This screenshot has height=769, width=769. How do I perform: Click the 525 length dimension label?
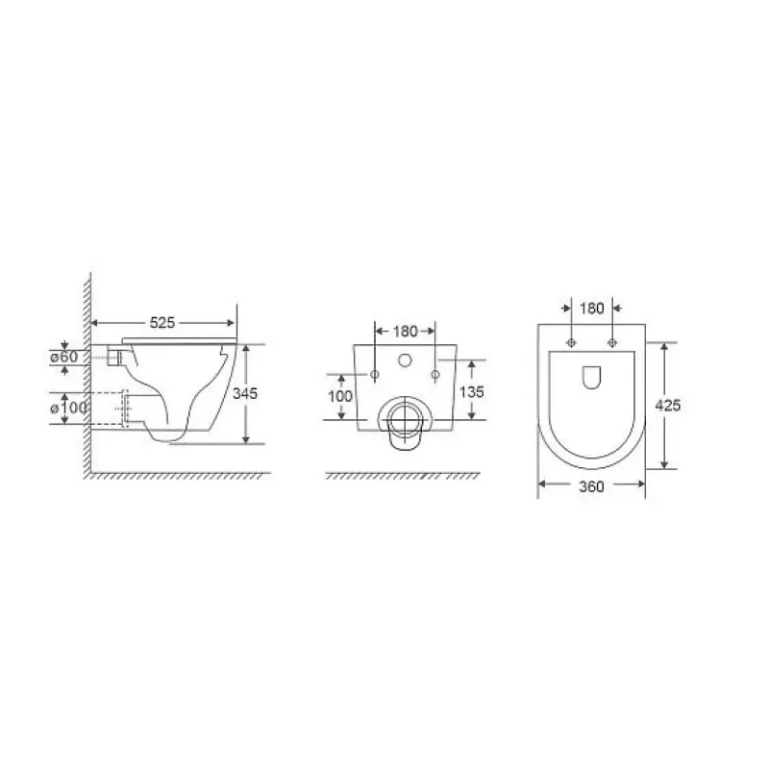pyautogui.click(x=162, y=323)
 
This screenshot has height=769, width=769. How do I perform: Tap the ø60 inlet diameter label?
pyautogui.click(x=64, y=357)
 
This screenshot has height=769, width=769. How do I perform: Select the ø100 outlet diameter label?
pyautogui.click(x=68, y=408)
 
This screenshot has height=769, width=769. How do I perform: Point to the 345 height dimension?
pyautogui.click(x=245, y=393)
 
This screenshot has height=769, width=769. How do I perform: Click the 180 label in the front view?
pyautogui.click(x=405, y=332)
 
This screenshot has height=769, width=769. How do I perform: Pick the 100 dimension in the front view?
pyautogui.click(x=340, y=396)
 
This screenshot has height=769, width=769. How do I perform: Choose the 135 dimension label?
pyautogui.click(x=472, y=392)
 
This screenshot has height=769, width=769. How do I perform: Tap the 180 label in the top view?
pyautogui.click(x=592, y=309)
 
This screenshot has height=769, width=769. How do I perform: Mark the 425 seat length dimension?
pyautogui.click(x=668, y=406)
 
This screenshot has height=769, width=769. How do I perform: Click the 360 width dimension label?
pyautogui.click(x=591, y=486)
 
